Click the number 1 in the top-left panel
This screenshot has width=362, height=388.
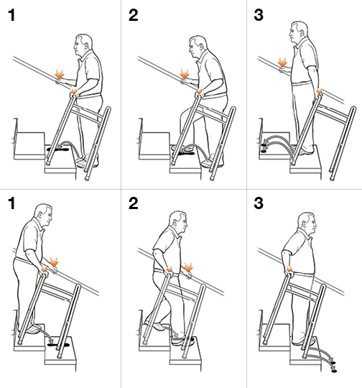[11, 15]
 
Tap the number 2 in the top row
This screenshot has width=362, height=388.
[134, 15]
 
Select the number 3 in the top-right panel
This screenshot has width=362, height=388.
[259, 15]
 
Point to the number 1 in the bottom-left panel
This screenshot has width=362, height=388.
[11, 203]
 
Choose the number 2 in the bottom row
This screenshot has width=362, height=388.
[134, 203]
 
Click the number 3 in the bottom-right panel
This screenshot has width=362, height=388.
[259, 203]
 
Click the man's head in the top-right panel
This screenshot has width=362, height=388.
[299, 33]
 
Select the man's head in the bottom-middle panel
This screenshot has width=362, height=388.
[178, 222]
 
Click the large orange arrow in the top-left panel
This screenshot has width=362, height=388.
[60, 74]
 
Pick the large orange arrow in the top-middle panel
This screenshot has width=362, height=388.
[185, 74]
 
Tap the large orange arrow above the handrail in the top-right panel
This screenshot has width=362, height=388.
[282, 63]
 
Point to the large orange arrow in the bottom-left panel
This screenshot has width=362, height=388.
[54, 262]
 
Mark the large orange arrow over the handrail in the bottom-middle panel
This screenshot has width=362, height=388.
[189, 267]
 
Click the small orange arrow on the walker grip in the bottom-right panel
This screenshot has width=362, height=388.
[289, 269]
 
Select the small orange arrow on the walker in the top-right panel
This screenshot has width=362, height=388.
[319, 91]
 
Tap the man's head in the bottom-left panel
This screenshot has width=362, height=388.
[43, 216]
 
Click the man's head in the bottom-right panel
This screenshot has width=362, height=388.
[307, 223]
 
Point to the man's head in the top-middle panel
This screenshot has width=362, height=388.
[198, 47]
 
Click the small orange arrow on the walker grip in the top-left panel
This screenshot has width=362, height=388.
[74, 91]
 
